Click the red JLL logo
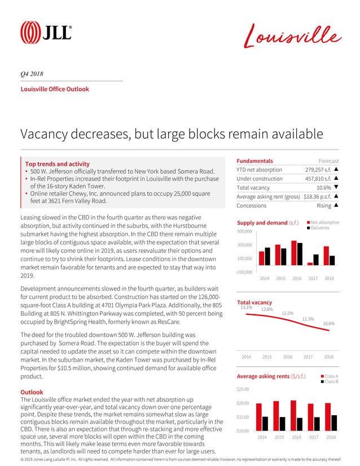46,32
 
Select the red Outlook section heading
33,392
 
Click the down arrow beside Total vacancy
336,188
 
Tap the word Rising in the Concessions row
324,205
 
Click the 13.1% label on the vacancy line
247,307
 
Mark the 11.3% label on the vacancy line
308,319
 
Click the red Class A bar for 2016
293,416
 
